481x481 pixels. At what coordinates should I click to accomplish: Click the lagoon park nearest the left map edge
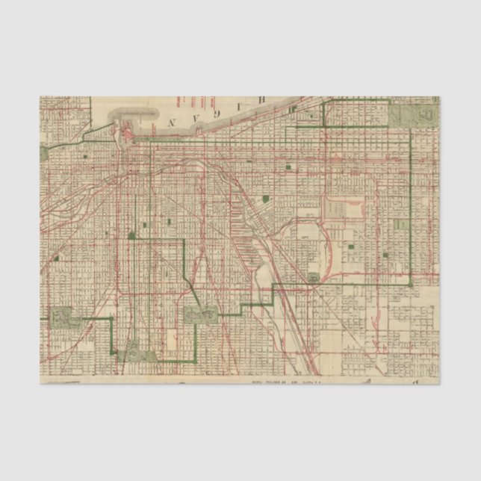[x=60, y=317]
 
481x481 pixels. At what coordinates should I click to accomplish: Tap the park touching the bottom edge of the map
[x=131, y=351]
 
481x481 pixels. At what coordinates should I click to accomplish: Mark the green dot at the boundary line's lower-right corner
[x=410, y=285]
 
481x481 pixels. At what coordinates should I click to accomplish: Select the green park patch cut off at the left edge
[x=43, y=153]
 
